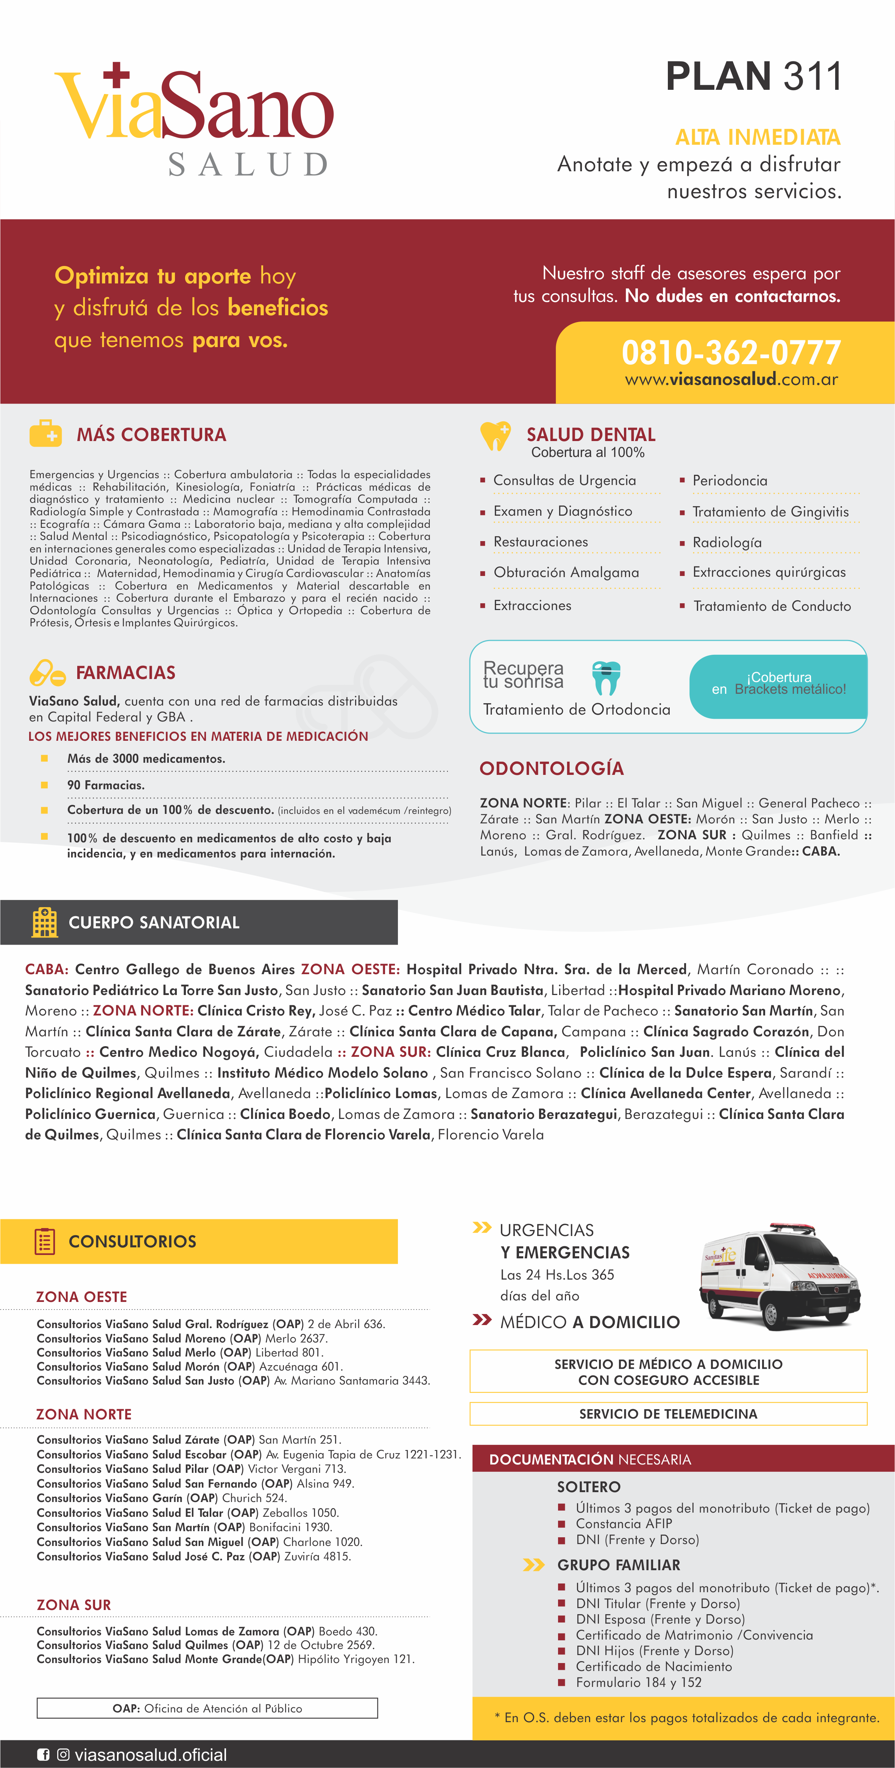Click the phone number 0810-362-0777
coord(730,353)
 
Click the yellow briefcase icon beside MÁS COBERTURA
coord(46,434)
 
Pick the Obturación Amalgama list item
coord(566,573)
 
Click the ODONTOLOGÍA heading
coord(551,769)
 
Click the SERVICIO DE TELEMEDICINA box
coord(668,1414)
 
